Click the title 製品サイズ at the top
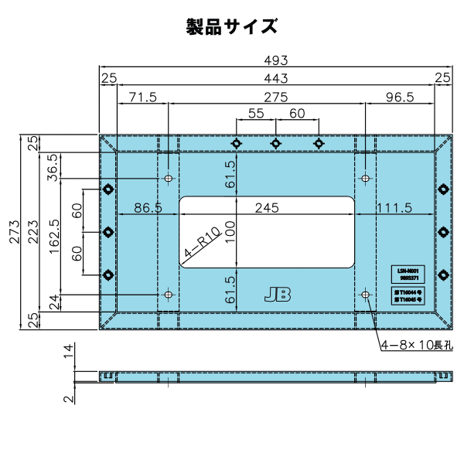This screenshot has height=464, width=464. click(231, 26)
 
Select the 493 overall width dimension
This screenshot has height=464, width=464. click(276, 60)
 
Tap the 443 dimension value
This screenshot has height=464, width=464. click(276, 78)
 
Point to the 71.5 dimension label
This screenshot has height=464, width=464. click(142, 97)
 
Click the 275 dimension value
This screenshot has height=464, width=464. click(275, 97)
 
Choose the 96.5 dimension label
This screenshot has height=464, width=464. click(399, 97)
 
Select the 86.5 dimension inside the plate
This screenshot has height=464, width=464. click(148, 208)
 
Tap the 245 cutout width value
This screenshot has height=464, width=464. click(266, 208)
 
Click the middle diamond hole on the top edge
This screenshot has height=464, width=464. click(275, 143)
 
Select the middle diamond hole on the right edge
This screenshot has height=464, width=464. click(443, 231)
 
